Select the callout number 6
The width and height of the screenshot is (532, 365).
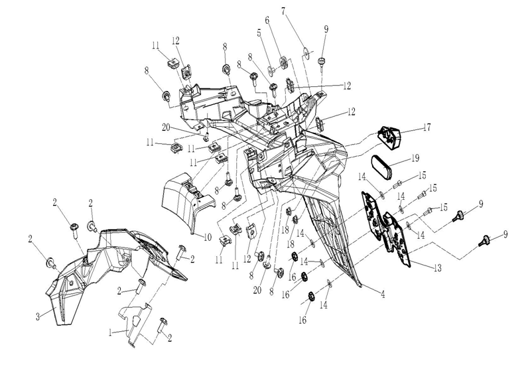pyautogui.click(x=269, y=21)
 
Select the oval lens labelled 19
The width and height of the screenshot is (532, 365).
pyautogui.click(x=384, y=167)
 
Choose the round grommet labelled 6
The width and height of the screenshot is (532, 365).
pyautogui.click(x=283, y=62)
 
